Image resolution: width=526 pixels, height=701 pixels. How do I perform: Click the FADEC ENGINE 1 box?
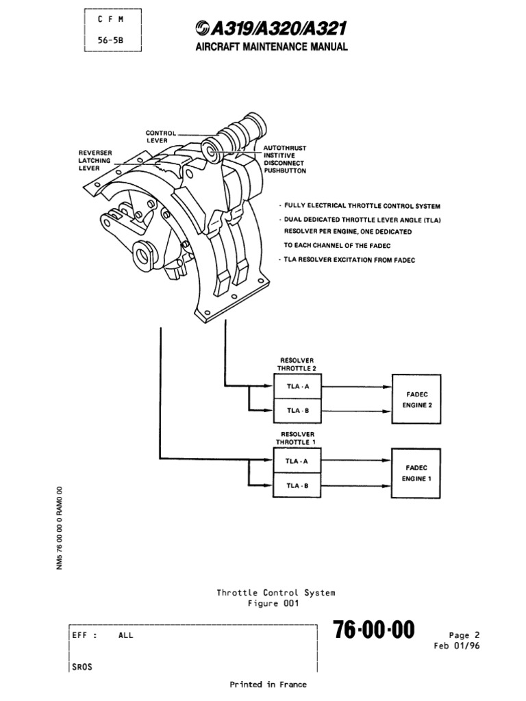(416, 473)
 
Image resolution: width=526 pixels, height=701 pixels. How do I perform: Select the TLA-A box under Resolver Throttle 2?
(297, 386)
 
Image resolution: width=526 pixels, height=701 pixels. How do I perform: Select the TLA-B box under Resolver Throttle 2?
(297, 411)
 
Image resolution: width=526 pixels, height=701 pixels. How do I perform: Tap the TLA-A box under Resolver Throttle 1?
(297, 461)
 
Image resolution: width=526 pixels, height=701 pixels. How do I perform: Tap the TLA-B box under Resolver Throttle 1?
(297, 485)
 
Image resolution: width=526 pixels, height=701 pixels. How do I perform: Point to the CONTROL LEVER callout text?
(161, 137)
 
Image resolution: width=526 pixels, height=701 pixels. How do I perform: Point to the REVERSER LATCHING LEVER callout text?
(96, 159)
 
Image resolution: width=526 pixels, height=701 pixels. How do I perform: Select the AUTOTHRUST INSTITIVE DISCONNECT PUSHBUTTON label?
(285, 159)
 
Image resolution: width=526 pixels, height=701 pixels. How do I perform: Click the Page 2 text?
(464, 635)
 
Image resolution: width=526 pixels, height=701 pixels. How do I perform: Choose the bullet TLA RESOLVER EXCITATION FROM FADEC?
(349, 260)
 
